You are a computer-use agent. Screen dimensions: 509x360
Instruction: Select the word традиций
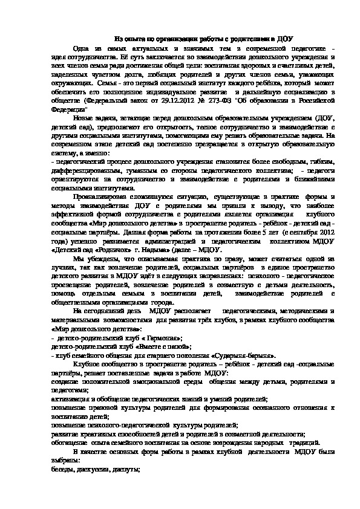[292, 444]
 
